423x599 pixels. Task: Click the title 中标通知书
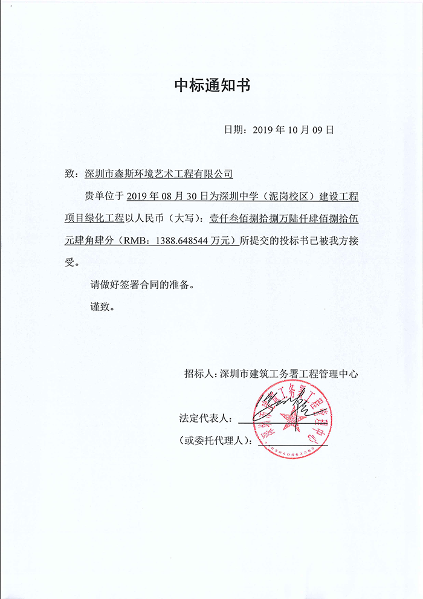click(211, 85)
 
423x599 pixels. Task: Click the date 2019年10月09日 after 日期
click(292, 129)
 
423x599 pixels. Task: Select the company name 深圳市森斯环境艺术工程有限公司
click(159, 174)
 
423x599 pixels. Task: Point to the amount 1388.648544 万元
click(194, 240)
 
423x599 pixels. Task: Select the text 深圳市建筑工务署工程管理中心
click(289, 374)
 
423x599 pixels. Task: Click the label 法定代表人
click(202, 418)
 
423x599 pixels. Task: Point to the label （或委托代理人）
click(215, 439)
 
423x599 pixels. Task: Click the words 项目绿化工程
click(95, 218)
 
